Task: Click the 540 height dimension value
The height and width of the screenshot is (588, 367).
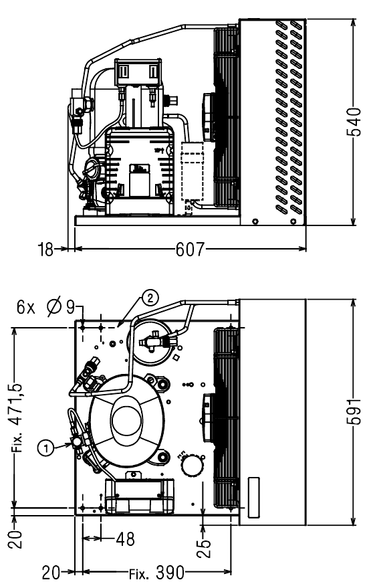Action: [354, 122]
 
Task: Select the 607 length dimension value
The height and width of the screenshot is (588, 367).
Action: [191, 249]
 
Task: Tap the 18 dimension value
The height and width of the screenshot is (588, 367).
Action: [45, 250]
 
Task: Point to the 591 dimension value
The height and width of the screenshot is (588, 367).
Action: [354, 411]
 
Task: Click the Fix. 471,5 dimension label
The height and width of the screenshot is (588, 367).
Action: [17, 417]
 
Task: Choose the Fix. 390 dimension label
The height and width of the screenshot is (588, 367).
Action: [156, 573]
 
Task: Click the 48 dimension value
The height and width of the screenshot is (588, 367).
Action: [125, 539]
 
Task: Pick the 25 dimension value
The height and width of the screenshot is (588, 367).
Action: [204, 549]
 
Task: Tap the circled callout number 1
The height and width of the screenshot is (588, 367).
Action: [46, 448]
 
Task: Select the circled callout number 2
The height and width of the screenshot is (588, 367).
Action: [150, 298]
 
